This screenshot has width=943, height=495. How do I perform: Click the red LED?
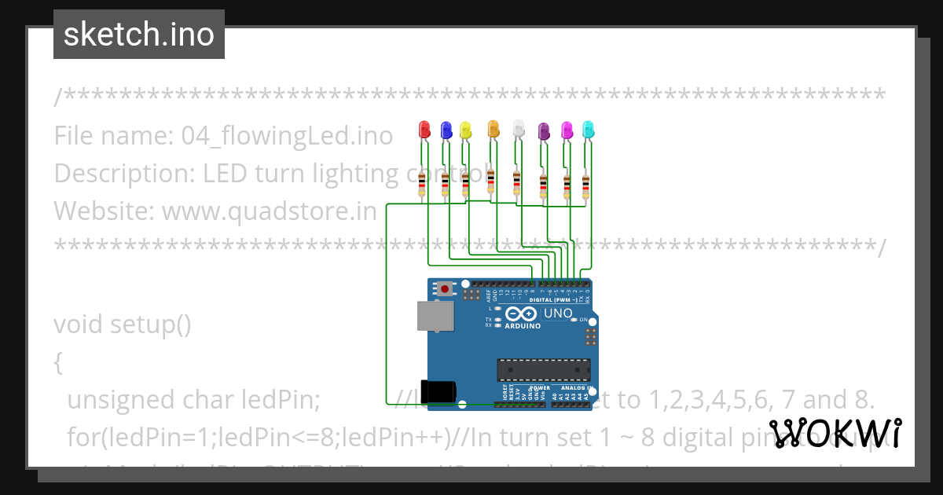[424, 129]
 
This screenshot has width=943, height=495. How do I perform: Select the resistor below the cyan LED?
[585, 186]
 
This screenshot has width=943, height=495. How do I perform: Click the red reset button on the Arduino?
[446, 289]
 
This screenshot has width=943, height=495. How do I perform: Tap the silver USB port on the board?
[434, 316]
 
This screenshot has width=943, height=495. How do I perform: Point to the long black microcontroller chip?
[543, 368]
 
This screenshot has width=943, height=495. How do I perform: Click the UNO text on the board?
[559, 313]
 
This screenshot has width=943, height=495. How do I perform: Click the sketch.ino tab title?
[139, 35]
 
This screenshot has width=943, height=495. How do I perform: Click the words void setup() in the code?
[123, 324]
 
